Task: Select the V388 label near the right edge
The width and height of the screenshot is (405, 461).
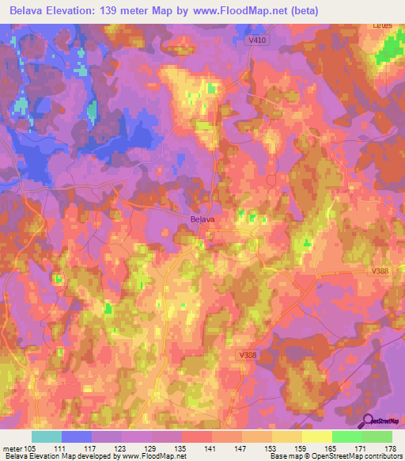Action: [382, 271]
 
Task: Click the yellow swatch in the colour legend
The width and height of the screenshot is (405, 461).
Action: [316, 436]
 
